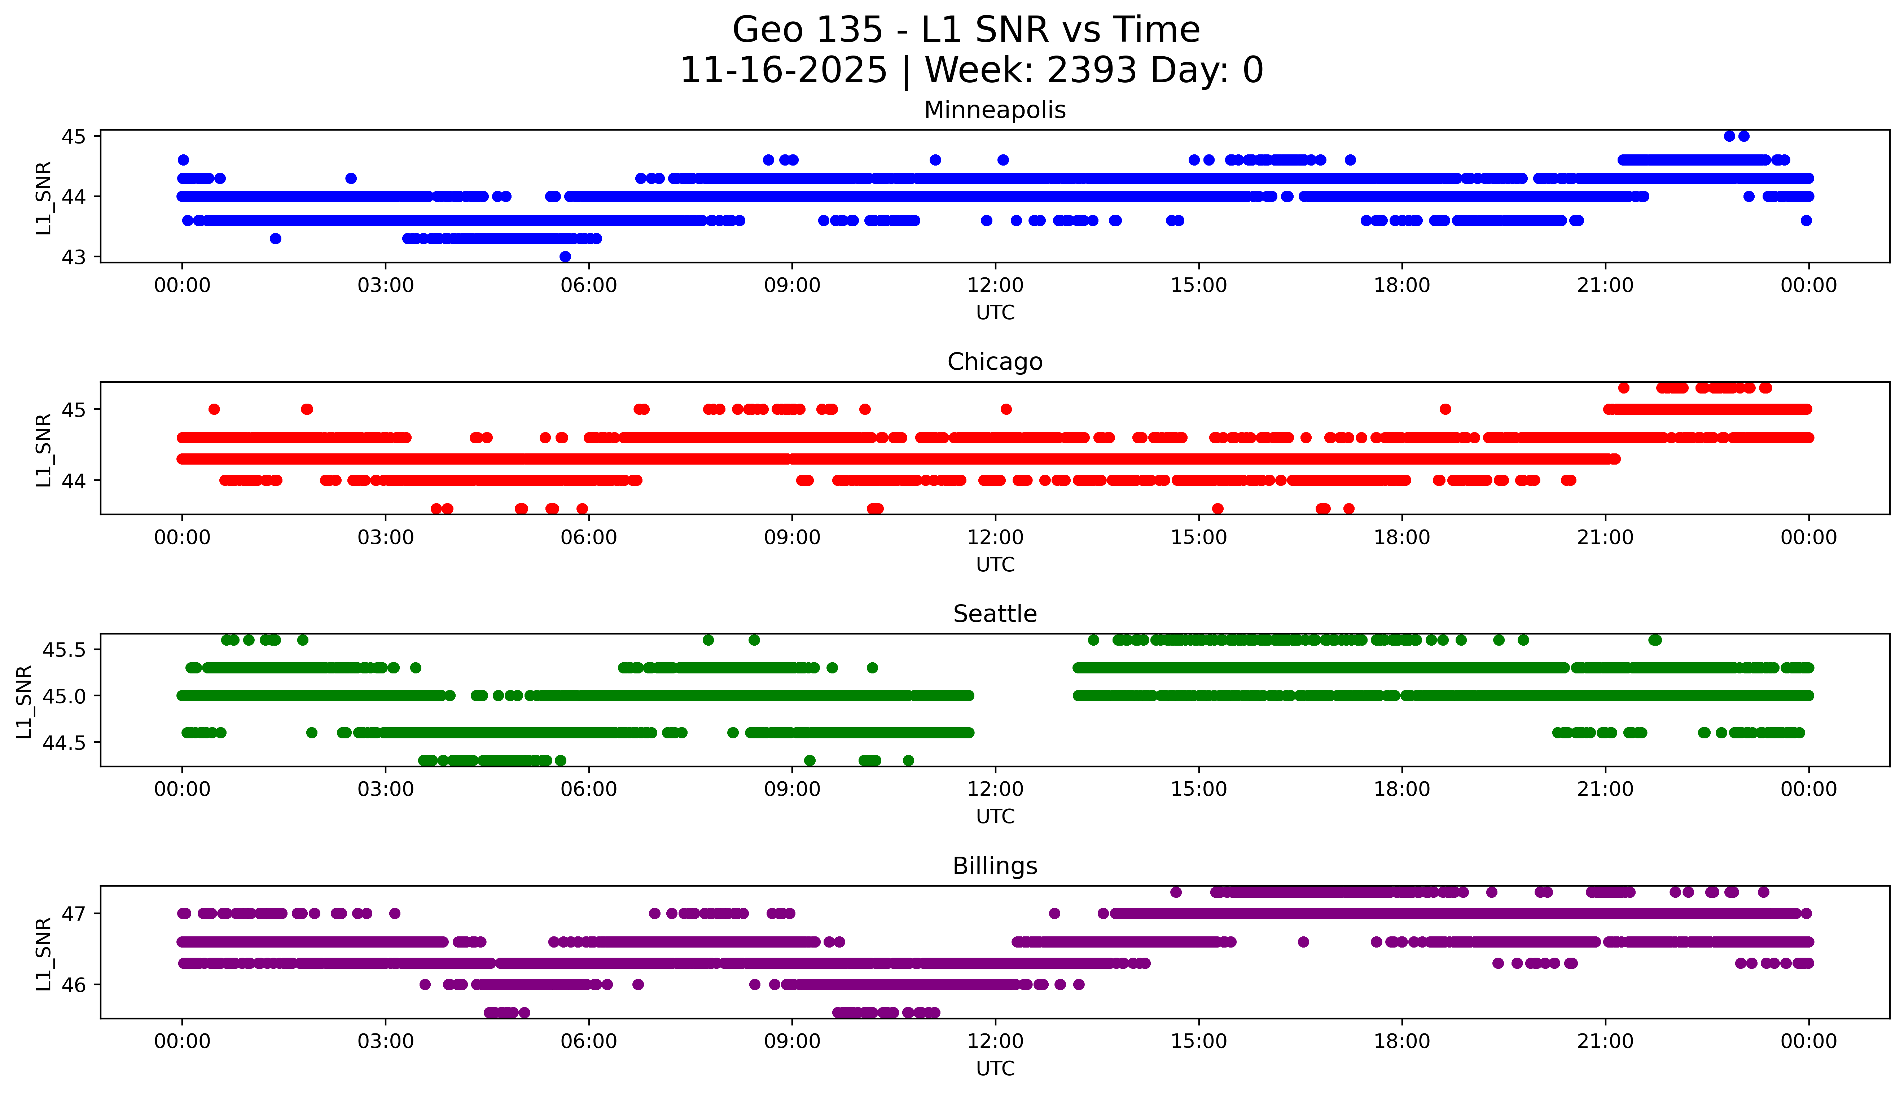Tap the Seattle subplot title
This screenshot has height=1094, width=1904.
[995, 614]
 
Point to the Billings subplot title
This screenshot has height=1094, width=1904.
[995, 866]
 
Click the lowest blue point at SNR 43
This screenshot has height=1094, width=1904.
[565, 256]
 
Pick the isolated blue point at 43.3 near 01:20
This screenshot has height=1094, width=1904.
[276, 238]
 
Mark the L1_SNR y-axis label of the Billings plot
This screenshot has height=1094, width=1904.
[44, 953]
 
